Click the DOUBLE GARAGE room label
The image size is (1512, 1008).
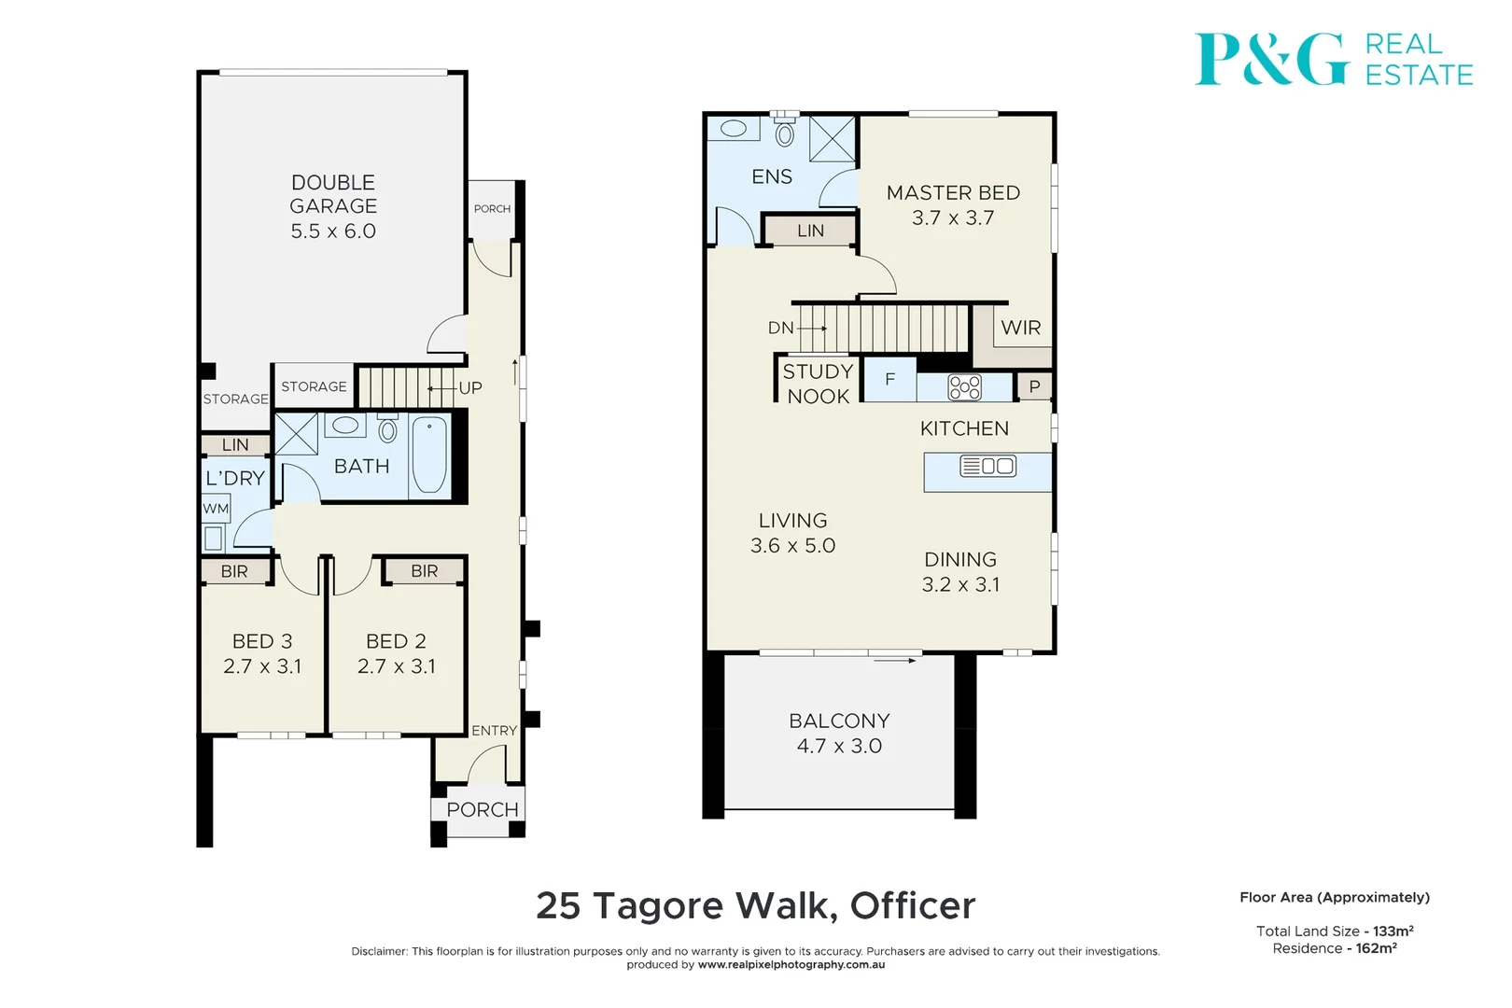tap(333, 206)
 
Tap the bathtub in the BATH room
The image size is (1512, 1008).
tap(429, 455)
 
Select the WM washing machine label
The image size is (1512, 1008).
tap(216, 509)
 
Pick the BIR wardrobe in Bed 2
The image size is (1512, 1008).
tap(424, 571)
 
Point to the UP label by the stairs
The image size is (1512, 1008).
tap(470, 387)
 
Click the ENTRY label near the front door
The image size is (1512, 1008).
tap(494, 731)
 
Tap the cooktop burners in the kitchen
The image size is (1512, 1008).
tap(964, 386)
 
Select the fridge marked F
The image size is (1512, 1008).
tap(889, 380)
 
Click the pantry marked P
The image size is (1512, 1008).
tap(1034, 386)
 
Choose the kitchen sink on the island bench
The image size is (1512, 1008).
tap(987, 466)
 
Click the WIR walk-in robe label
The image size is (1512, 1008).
tap(1020, 328)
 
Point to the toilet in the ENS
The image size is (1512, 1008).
tap(785, 133)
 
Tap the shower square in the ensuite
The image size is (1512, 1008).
tap(832, 140)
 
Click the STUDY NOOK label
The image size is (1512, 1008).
tap(818, 384)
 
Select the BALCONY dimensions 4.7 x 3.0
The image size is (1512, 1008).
tap(839, 746)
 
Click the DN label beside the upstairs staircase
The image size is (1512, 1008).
tap(780, 328)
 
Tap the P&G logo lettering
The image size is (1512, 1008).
tap(1271, 60)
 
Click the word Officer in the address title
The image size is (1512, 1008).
tap(912, 905)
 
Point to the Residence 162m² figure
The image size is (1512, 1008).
tap(1335, 948)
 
